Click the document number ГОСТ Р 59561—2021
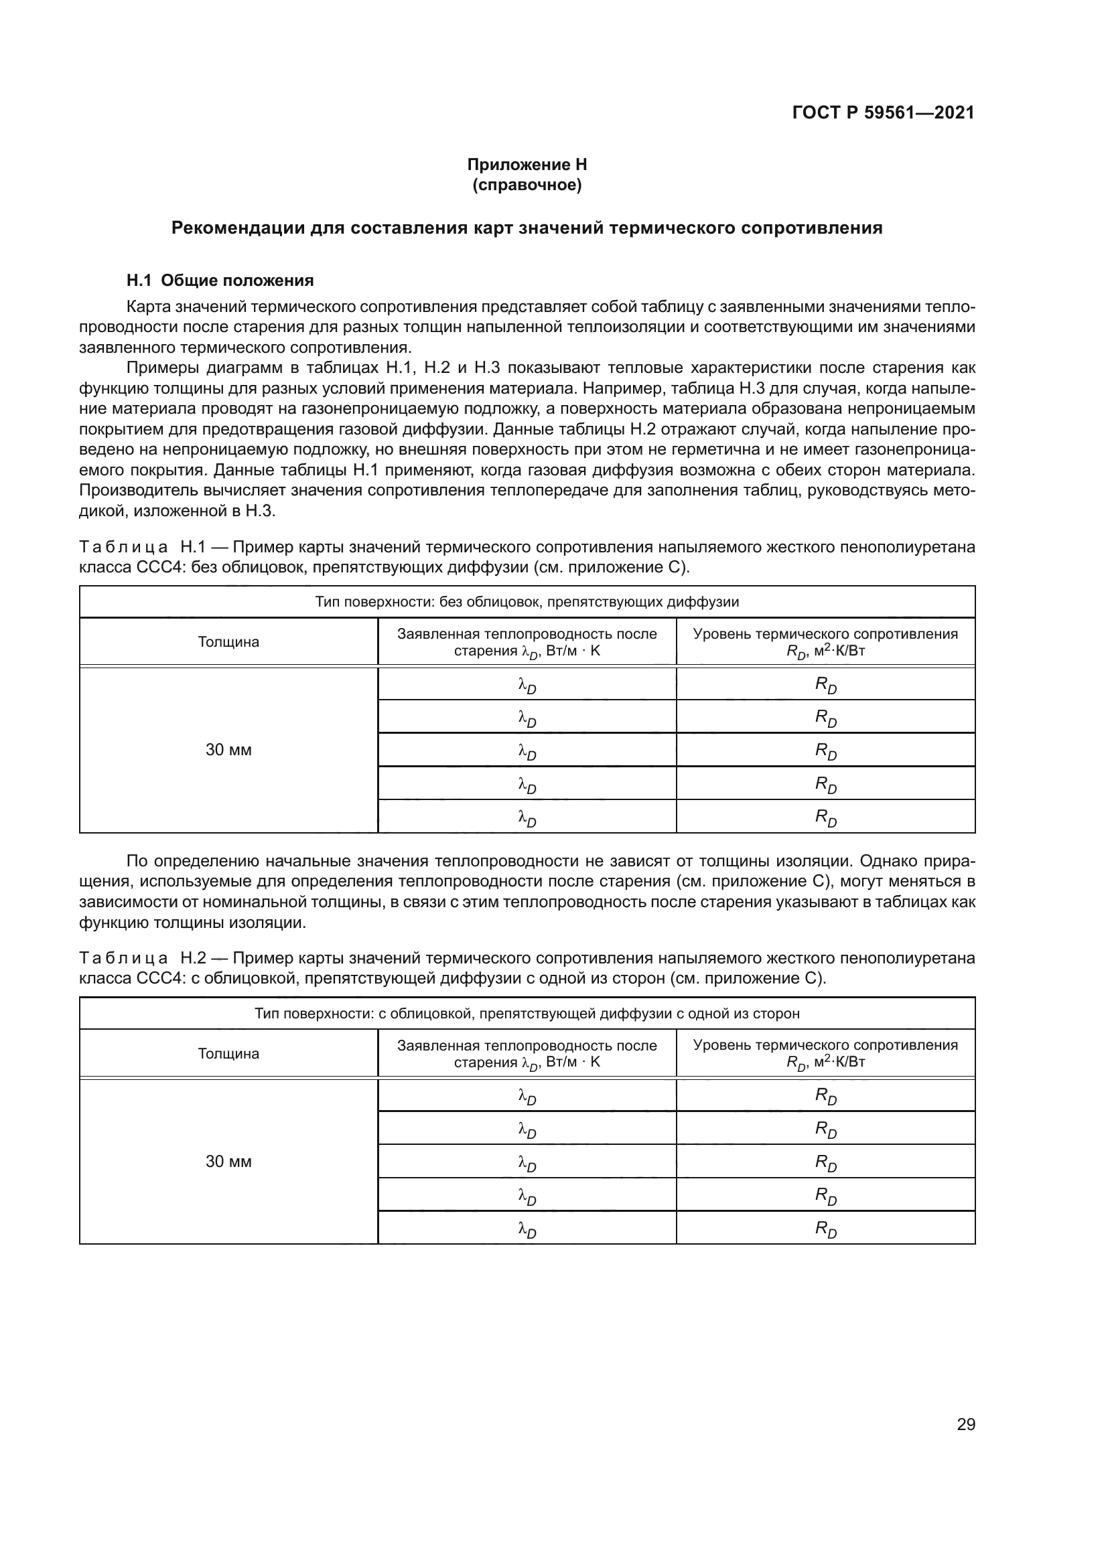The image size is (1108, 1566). (883, 112)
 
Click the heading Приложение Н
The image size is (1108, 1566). (527, 165)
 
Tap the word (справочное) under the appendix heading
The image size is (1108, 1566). (527, 185)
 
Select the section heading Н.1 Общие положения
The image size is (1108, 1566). (220, 281)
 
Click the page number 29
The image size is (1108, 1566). (965, 1424)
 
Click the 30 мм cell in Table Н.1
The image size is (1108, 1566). (228, 750)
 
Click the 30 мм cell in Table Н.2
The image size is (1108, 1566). (228, 1162)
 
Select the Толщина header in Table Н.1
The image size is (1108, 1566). (228, 642)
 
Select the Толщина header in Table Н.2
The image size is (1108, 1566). (228, 1054)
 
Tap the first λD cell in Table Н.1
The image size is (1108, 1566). (527, 684)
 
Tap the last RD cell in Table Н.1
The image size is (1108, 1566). (825, 816)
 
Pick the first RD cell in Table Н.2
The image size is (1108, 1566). (825, 1096)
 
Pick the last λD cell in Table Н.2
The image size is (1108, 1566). (527, 1229)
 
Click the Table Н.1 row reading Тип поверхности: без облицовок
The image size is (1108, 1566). (527, 603)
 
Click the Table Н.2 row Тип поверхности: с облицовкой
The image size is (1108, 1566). (527, 1014)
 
